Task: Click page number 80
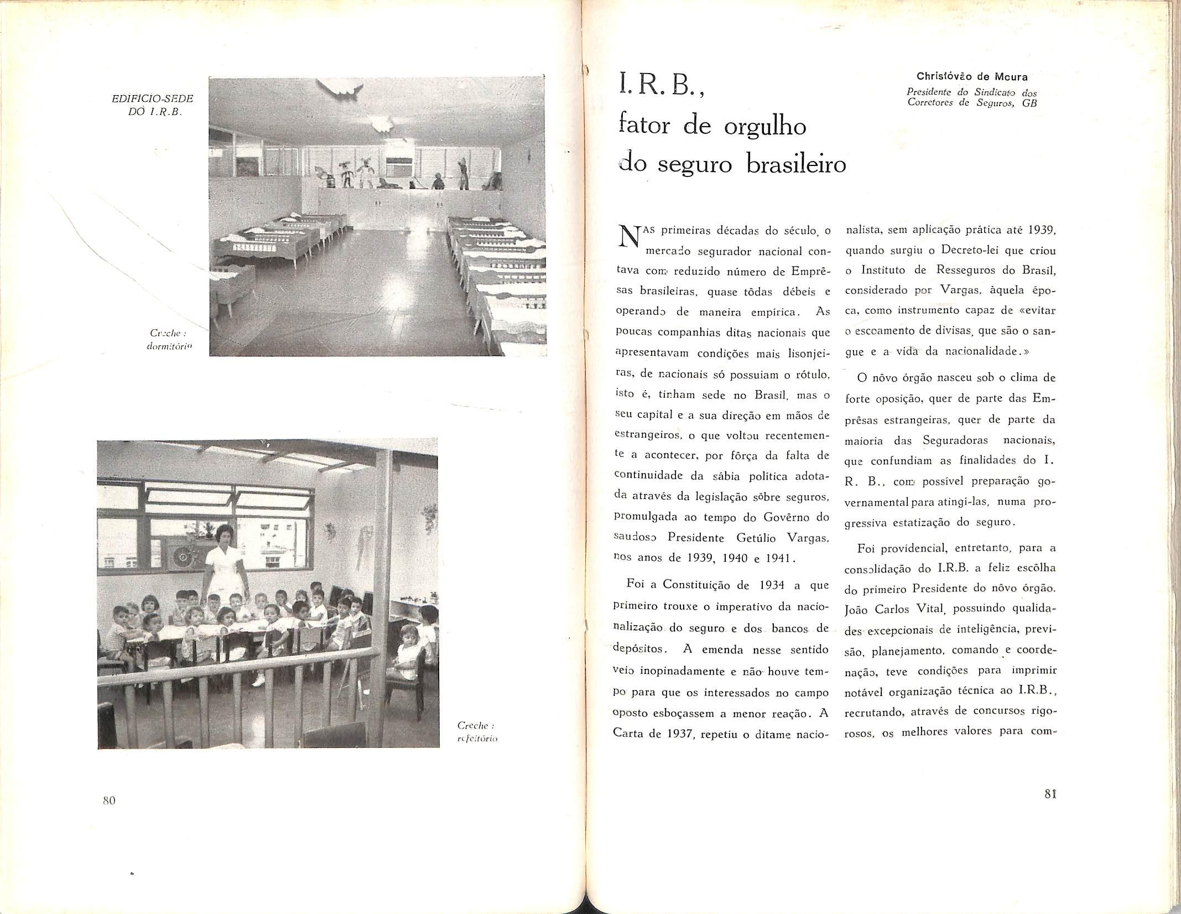[108, 800]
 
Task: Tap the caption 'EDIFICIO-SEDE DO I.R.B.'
[153, 103]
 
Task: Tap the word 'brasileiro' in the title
[797, 165]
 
